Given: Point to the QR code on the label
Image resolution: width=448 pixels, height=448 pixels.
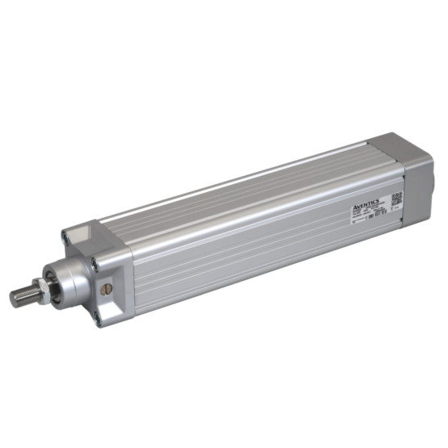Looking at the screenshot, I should coord(396,198).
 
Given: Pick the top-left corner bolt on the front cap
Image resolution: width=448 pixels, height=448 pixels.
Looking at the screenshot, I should coord(65,236).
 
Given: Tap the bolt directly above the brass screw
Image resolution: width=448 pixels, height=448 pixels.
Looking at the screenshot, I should coord(95,262).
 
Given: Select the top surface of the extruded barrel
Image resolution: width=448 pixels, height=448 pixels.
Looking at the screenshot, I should coord(242,182).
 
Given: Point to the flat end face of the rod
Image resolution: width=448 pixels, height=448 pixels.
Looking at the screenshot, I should coord(13,298).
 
